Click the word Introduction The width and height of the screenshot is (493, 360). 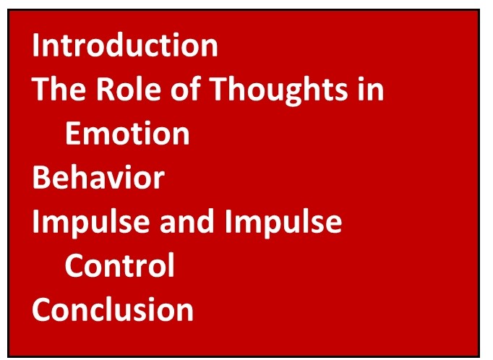pyautogui.click(x=125, y=45)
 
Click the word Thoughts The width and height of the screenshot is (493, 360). pyautogui.click(x=278, y=90)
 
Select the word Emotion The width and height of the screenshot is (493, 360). pyautogui.click(x=127, y=133)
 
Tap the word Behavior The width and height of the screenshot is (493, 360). pyautogui.click(x=98, y=177)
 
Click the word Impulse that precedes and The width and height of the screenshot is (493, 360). pyautogui.click(x=91, y=223)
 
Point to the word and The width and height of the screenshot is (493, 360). pyautogui.click(x=187, y=221)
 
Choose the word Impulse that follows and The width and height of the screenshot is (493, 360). pyautogui.click(x=283, y=223)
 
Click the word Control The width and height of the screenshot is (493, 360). pyautogui.click(x=120, y=265)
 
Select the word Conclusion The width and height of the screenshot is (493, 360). pyautogui.click(x=113, y=309)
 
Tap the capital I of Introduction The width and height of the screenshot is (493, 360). pyautogui.click(x=35, y=45)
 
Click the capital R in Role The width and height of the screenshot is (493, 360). pyautogui.click(x=106, y=89)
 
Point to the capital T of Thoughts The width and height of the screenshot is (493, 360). pyautogui.click(x=220, y=89)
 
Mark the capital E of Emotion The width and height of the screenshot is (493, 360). pyautogui.click(x=73, y=133)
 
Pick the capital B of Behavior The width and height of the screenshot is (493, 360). pyautogui.click(x=42, y=177)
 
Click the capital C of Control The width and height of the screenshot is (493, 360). pyautogui.click(x=75, y=265)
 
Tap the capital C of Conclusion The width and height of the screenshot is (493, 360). pyautogui.click(x=43, y=309)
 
